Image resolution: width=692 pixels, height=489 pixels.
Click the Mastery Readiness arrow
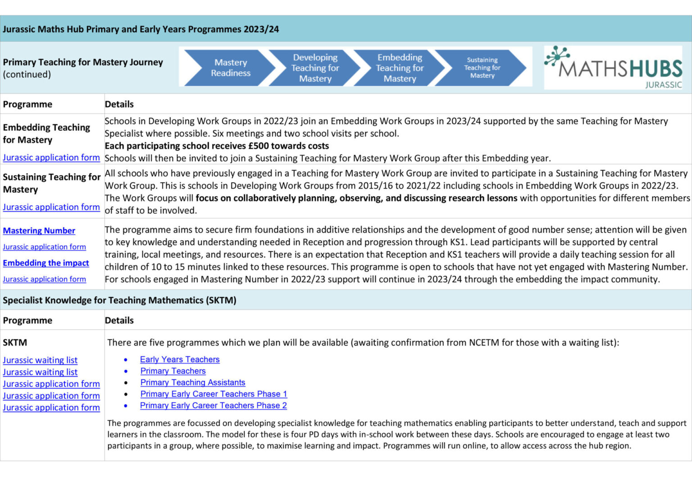230,68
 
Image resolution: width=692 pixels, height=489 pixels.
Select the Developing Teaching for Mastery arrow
315,68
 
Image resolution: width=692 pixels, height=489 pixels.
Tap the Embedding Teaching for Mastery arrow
400,68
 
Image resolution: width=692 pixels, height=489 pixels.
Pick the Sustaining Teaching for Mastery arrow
482,68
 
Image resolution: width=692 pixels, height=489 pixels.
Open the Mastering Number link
39,231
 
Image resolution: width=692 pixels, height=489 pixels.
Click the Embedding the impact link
46,263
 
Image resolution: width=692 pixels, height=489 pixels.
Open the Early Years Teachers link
180,360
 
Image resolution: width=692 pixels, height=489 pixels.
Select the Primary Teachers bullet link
173,371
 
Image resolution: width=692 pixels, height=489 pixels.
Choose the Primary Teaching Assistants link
193,383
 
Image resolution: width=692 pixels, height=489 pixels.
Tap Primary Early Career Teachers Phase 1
214,394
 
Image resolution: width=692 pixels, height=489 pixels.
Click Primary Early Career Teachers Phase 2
214,406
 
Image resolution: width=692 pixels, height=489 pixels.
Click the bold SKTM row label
15,342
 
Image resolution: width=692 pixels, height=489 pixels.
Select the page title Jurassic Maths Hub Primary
141,29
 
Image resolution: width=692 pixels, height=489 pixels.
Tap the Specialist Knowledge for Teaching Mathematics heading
119,300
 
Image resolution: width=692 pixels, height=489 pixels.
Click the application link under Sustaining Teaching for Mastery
51,207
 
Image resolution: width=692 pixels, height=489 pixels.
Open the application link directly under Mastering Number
44,247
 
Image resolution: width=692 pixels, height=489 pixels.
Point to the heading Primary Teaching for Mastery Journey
83,62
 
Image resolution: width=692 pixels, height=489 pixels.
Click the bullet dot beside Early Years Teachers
126,360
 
